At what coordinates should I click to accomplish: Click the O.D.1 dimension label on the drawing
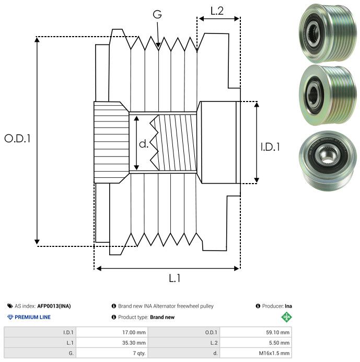coord(18,139)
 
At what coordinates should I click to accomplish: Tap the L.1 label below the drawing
coord(175,278)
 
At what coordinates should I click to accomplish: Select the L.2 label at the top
coord(217,10)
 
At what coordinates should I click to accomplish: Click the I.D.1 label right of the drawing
coord(270,147)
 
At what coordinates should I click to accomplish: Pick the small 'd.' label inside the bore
coord(144,143)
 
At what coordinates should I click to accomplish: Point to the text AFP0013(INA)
coord(54,306)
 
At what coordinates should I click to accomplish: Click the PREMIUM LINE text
coord(33,317)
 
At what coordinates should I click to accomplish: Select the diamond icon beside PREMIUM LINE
coord(10,317)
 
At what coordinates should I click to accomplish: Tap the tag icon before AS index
coord(10,306)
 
